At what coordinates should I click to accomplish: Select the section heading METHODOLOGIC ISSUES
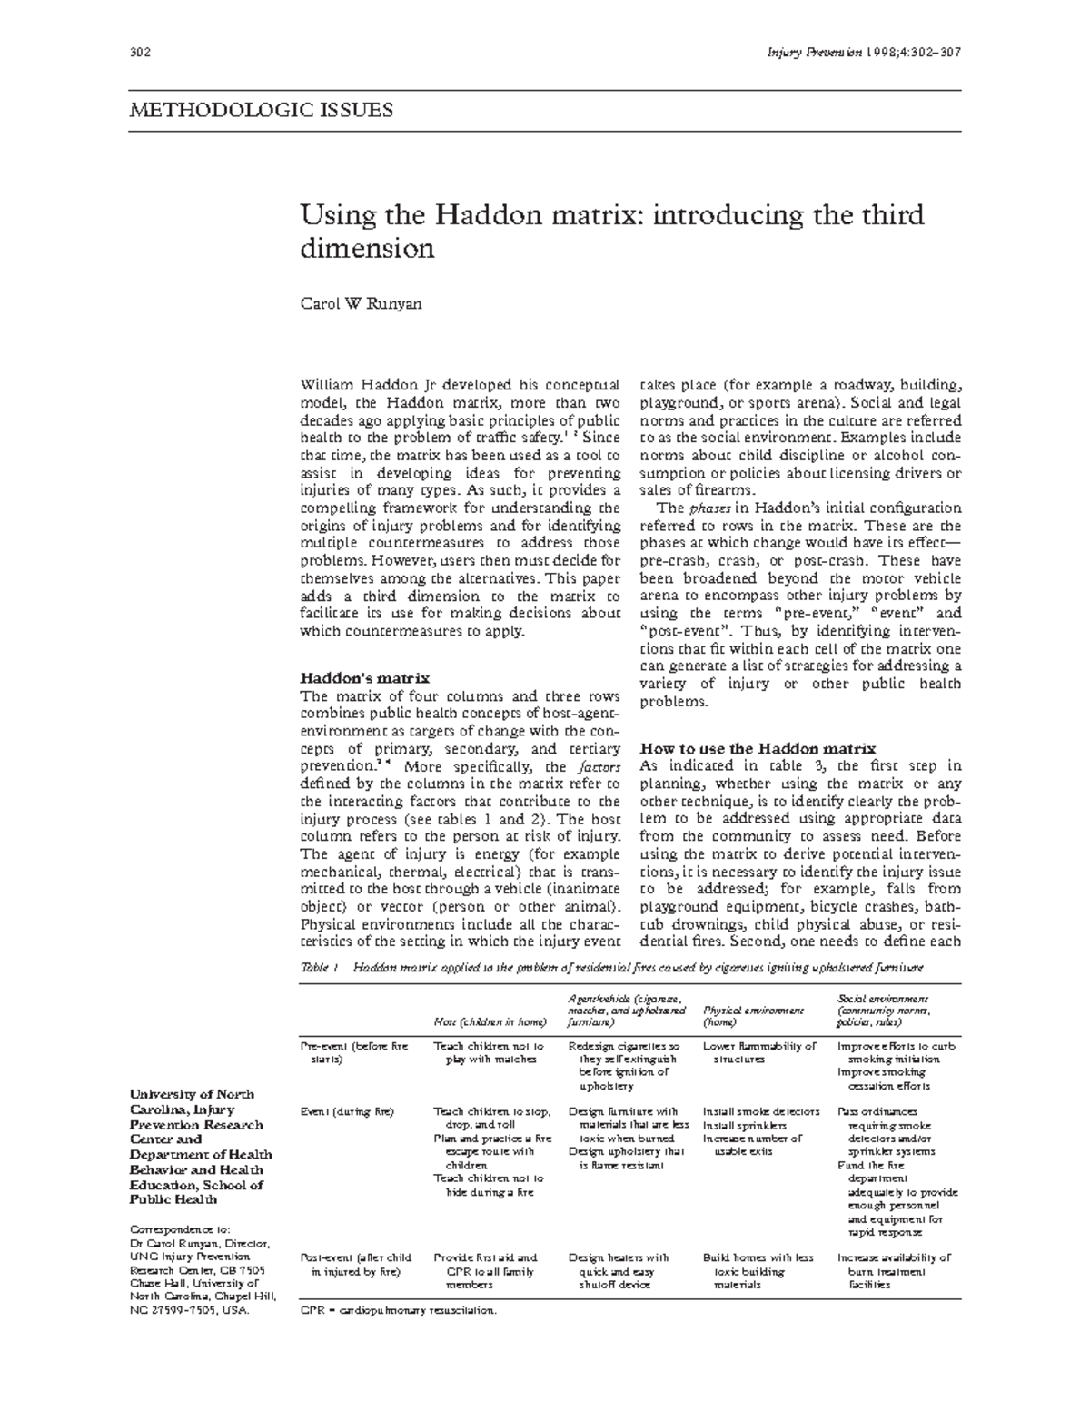point(261,111)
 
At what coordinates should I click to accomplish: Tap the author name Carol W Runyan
point(361,303)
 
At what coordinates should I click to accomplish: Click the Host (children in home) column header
point(490,1021)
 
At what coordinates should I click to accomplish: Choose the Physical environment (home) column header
point(753,1015)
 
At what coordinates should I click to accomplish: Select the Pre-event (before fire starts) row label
point(354,1052)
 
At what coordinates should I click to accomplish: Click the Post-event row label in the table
point(355,1265)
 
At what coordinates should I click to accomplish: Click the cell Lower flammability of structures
point(759,1052)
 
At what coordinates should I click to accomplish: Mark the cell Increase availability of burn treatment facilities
point(894,1271)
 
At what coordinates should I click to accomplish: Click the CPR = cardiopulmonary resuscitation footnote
point(399,1311)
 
